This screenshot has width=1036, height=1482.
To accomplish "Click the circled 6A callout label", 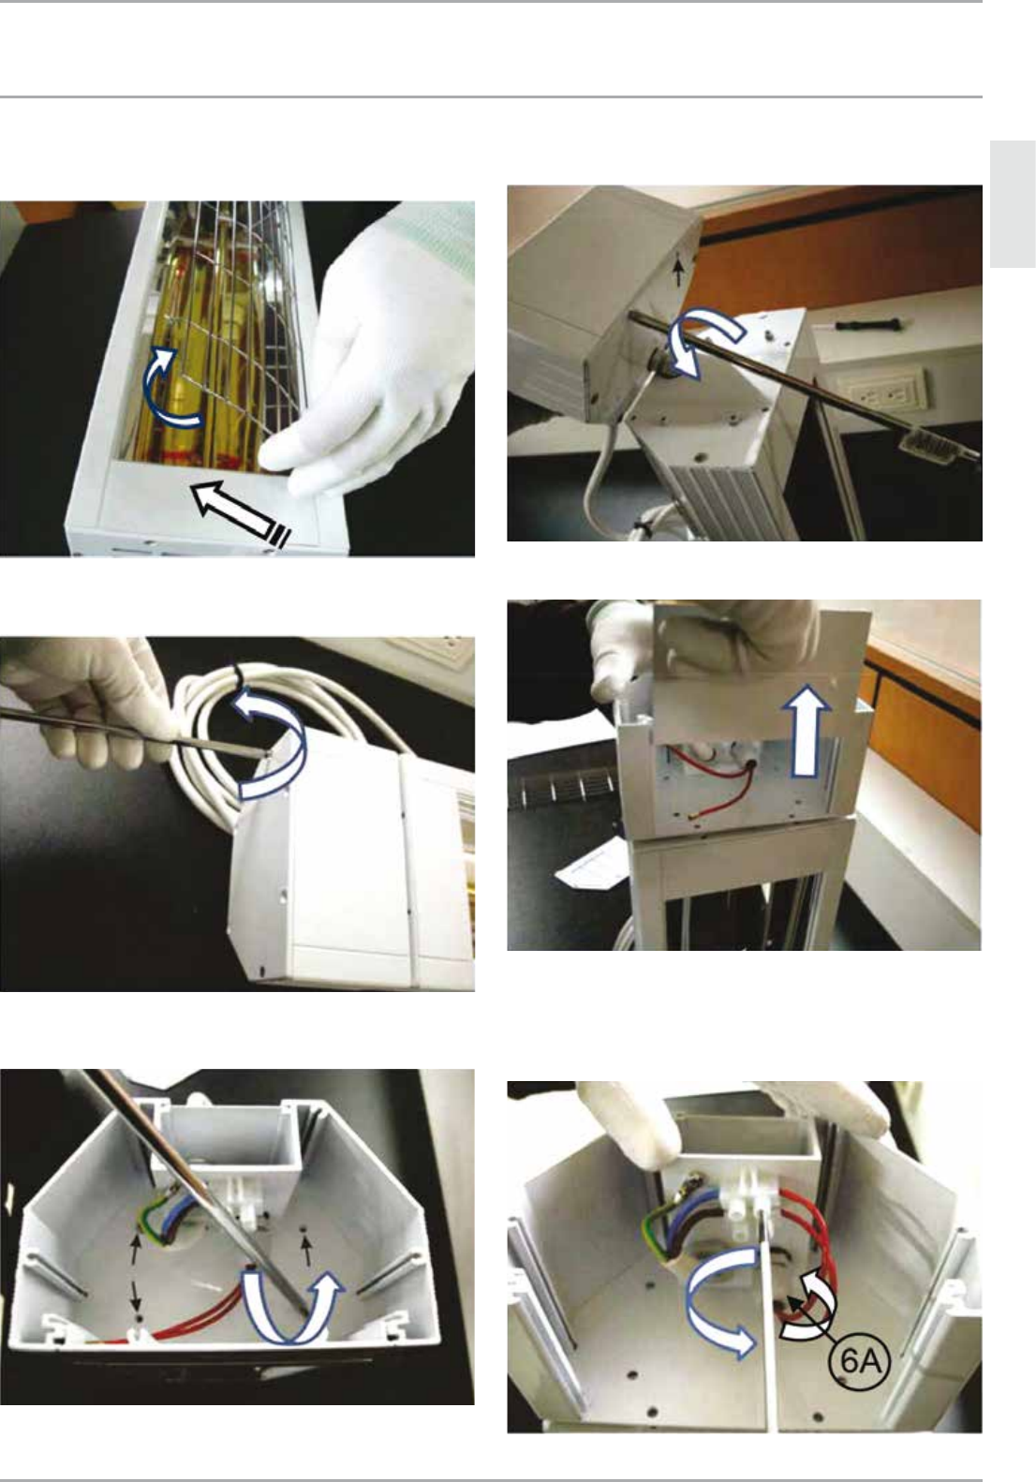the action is (x=859, y=1361).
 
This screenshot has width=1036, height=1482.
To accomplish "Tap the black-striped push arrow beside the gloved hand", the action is (x=241, y=515).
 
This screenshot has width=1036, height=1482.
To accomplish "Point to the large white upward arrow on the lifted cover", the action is (x=806, y=730).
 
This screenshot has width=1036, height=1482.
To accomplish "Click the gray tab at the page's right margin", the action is (x=1013, y=204).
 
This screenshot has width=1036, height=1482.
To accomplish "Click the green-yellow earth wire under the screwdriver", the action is (x=151, y=1219).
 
